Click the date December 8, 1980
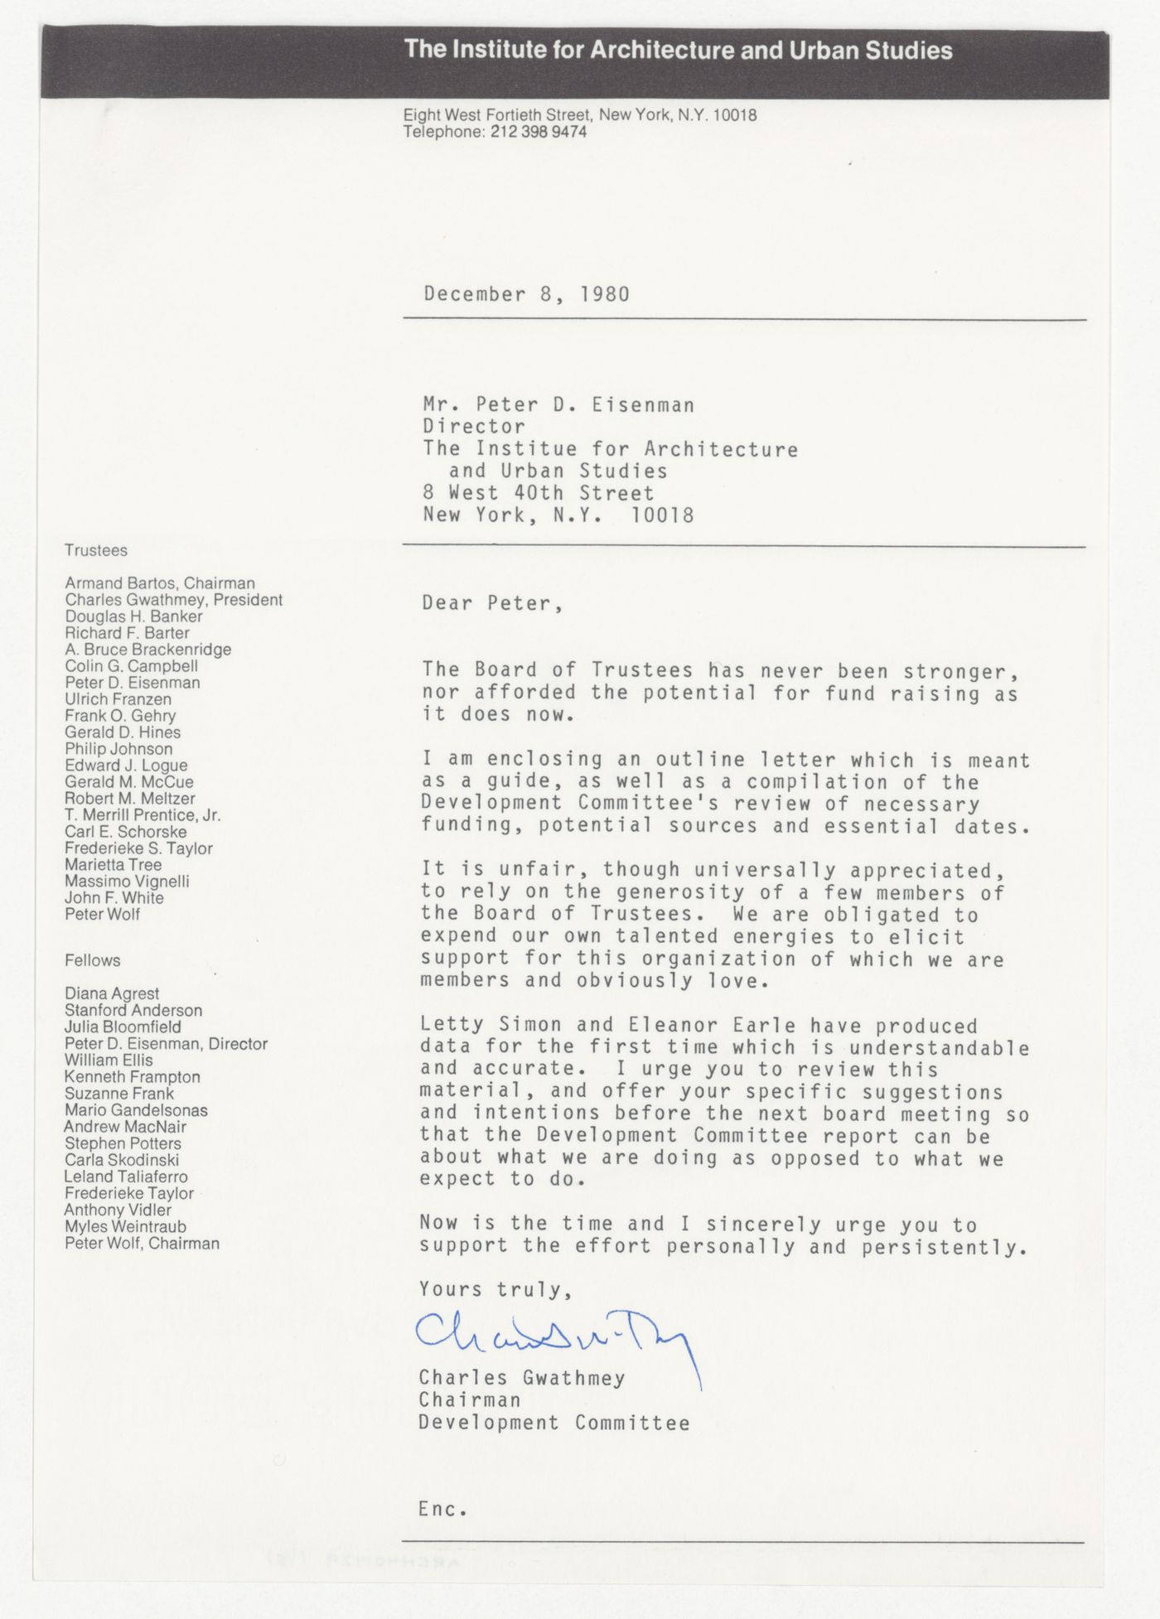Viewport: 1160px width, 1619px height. (526, 294)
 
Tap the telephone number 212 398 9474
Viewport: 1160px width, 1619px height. (538, 132)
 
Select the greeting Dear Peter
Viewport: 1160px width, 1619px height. (492, 603)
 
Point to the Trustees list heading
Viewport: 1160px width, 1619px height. (96, 550)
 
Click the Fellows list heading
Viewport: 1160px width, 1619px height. (93, 960)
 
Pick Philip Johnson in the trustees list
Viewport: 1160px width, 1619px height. (119, 749)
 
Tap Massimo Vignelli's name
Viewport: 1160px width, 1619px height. (128, 882)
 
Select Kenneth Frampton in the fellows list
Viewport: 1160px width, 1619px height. (133, 1077)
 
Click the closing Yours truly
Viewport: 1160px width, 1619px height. (495, 1289)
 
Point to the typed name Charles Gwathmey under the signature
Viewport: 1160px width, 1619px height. (522, 1378)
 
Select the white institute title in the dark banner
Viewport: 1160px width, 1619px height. (679, 51)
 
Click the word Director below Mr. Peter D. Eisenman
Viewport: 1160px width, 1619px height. (474, 427)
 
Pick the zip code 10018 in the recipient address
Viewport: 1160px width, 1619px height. (662, 515)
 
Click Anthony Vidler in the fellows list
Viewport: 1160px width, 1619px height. (118, 1210)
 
